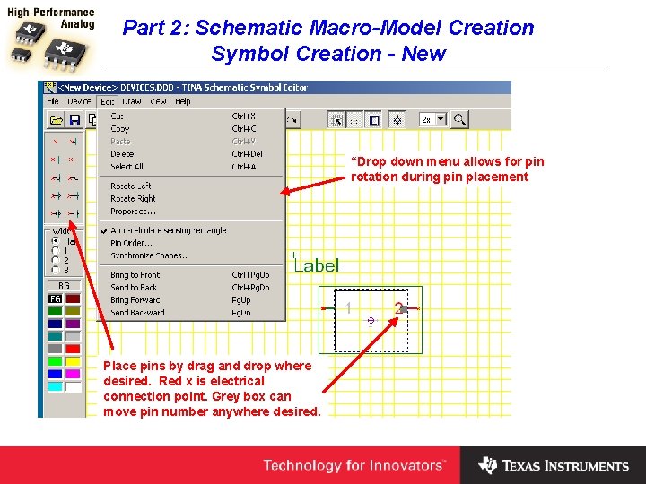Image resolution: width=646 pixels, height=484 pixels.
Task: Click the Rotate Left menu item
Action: [x=131, y=186]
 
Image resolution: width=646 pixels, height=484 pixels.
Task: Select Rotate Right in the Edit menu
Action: [x=133, y=198]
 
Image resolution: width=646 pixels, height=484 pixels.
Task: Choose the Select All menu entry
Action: [x=127, y=167]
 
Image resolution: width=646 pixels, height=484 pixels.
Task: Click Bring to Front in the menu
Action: [x=135, y=274]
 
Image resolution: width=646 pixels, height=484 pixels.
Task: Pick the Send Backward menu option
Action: [x=137, y=313]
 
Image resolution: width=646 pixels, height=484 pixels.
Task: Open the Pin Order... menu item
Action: [x=131, y=242]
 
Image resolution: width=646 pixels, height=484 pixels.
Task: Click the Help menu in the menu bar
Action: [x=183, y=102]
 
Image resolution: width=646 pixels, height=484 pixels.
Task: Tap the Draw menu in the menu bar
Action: [x=132, y=102]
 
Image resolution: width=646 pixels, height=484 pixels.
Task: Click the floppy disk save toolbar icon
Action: [x=74, y=120]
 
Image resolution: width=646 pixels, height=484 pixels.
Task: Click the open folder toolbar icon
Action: [x=56, y=120]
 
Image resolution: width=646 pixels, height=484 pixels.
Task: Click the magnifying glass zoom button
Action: [x=459, y=119]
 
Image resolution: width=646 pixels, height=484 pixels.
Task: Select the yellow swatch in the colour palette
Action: [x=73, y=361]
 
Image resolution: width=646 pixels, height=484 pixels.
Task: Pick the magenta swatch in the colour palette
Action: [x=73, y=374]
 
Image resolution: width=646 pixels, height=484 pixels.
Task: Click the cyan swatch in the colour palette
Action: [x=55, y=386]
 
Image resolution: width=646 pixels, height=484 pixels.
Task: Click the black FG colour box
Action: [x=55, y=298]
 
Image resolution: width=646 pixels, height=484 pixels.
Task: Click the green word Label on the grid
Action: [x=317, y=264]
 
